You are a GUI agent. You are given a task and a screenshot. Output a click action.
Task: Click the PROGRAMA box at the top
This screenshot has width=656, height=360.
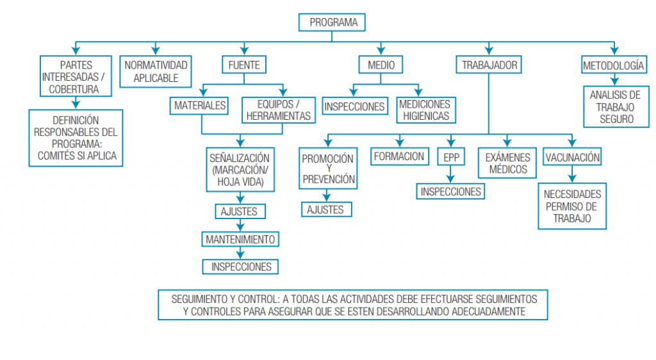[332, 22]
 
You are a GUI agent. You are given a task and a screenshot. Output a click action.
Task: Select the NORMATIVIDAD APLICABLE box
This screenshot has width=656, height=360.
[156, 72]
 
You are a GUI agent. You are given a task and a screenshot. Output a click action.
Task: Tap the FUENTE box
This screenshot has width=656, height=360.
[243, 65]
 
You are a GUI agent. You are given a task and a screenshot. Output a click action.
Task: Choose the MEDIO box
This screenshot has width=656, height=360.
[381, 65]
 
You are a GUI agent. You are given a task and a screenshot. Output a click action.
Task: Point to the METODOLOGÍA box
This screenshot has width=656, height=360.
[613, 65]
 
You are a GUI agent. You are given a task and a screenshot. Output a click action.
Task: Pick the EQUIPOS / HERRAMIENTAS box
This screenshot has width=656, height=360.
[278, 110]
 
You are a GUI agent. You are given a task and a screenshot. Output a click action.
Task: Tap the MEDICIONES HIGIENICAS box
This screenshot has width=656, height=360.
[425, 110]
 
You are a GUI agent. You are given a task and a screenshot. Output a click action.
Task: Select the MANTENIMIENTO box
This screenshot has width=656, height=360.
[240, 240]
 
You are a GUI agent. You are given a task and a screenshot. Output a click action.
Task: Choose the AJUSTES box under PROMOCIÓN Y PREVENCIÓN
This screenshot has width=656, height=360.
[326, 209]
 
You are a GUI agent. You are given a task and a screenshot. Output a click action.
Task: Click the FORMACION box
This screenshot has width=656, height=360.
[398, 156]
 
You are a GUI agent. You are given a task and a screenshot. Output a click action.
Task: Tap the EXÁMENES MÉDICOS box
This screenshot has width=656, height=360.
[507, 163]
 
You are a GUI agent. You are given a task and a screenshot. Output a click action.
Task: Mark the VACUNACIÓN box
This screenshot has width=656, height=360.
[572, 157]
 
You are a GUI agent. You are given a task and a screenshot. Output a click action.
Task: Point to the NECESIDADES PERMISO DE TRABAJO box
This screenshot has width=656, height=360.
[572, 206]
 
